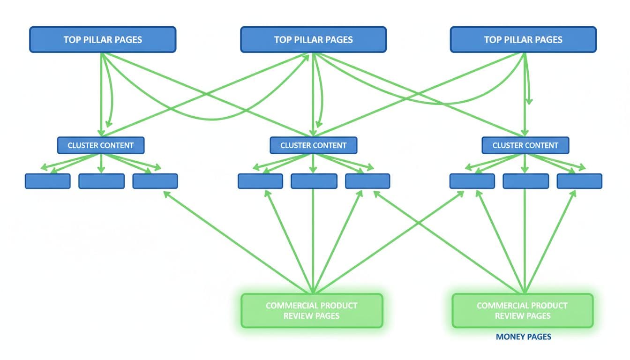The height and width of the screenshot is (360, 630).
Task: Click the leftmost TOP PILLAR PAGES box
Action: [x=103, y=39]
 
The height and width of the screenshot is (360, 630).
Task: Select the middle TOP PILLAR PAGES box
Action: [x=313, y=39]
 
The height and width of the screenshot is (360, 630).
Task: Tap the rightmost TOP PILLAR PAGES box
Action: [x=523, y=39]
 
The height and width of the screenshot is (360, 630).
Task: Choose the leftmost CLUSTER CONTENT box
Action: [x=101, y=145]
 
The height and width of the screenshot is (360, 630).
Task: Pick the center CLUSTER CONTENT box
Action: [x=313, y=145]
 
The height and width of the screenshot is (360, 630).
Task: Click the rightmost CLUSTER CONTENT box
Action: [x=525, y=145]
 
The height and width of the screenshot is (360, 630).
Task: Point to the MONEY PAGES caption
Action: [x=523, y=337]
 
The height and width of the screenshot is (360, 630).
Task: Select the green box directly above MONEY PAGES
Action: [x=522, y=310]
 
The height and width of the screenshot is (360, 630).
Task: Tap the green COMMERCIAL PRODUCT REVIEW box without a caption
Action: [x=312, y=310]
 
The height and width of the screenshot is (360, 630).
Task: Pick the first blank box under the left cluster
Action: [x=47, y=181]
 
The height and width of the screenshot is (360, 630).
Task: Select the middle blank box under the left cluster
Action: [x=101, y=181]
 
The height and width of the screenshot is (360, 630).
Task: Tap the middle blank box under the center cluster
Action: [x=314, y=181]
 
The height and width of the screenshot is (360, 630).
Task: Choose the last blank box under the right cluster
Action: [x=579, y=181]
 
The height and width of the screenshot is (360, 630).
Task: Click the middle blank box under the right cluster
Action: [x=525, y=181]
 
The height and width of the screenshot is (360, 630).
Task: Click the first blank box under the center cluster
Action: [x=260, y=181]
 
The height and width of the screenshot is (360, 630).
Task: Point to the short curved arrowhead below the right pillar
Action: [x=529, y=101]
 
